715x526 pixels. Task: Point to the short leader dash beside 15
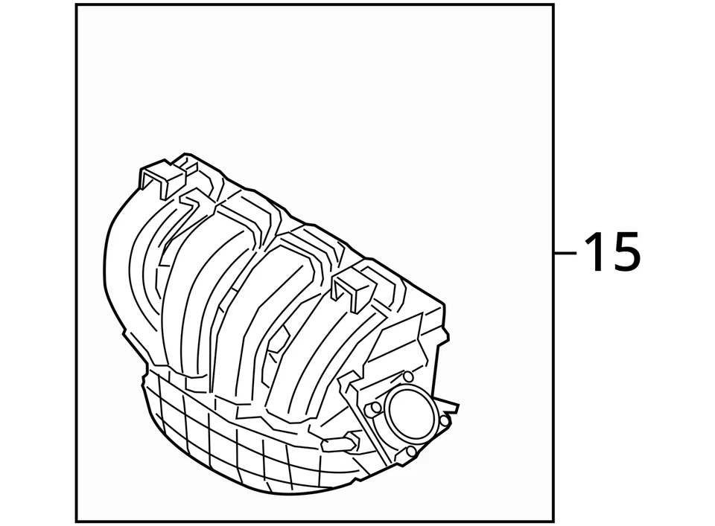pyautogui.click(x=566, y=253)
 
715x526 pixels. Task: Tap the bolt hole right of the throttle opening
pyautogui.click(x=445, y=421)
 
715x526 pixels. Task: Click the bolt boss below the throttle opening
pyautogui.click(x=410, y=452)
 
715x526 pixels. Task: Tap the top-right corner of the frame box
pyautogui.click(x=553, y=5)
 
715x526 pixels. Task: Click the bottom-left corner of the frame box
pyautogui.click(x=77, y=521)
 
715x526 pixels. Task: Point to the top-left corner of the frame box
pyautogui.click(x=77, y=5)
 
